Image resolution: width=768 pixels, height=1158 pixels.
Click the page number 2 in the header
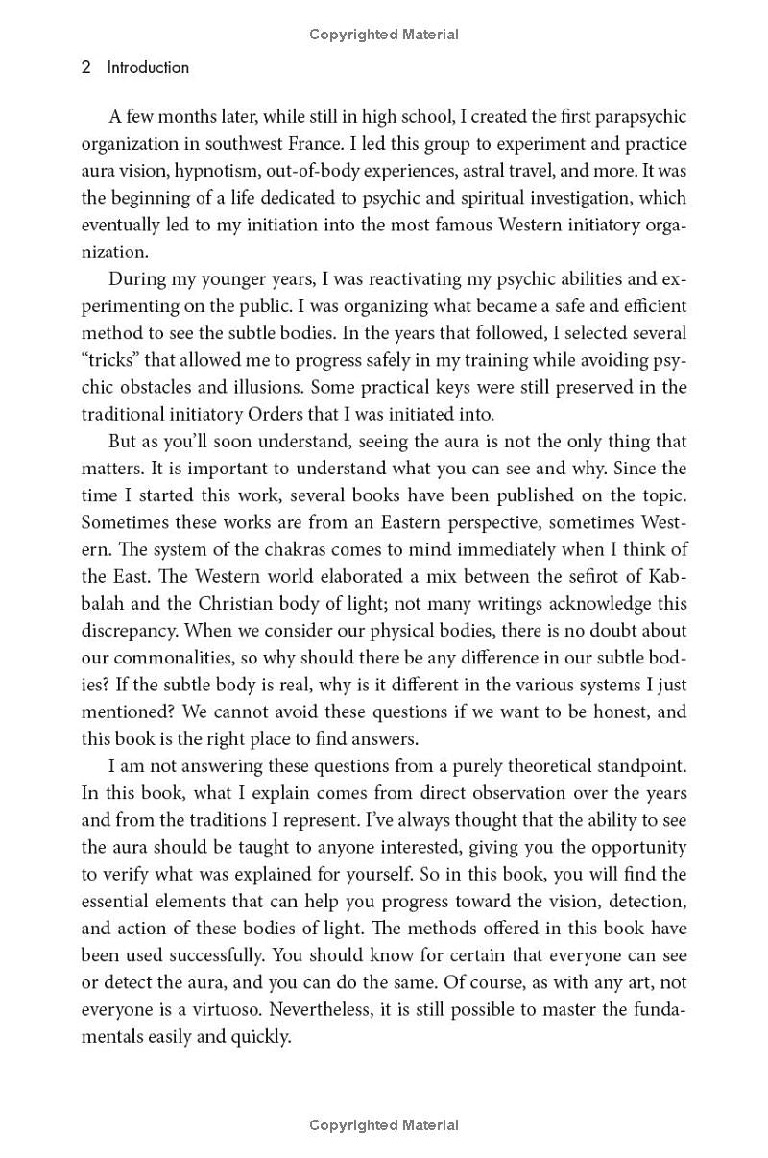click(86, 67)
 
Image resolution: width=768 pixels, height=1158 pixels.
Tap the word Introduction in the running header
click(148, 67)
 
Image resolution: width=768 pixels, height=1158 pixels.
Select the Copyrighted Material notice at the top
click(384, 35)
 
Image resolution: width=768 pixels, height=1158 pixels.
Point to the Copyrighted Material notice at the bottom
click(384, 1124)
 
